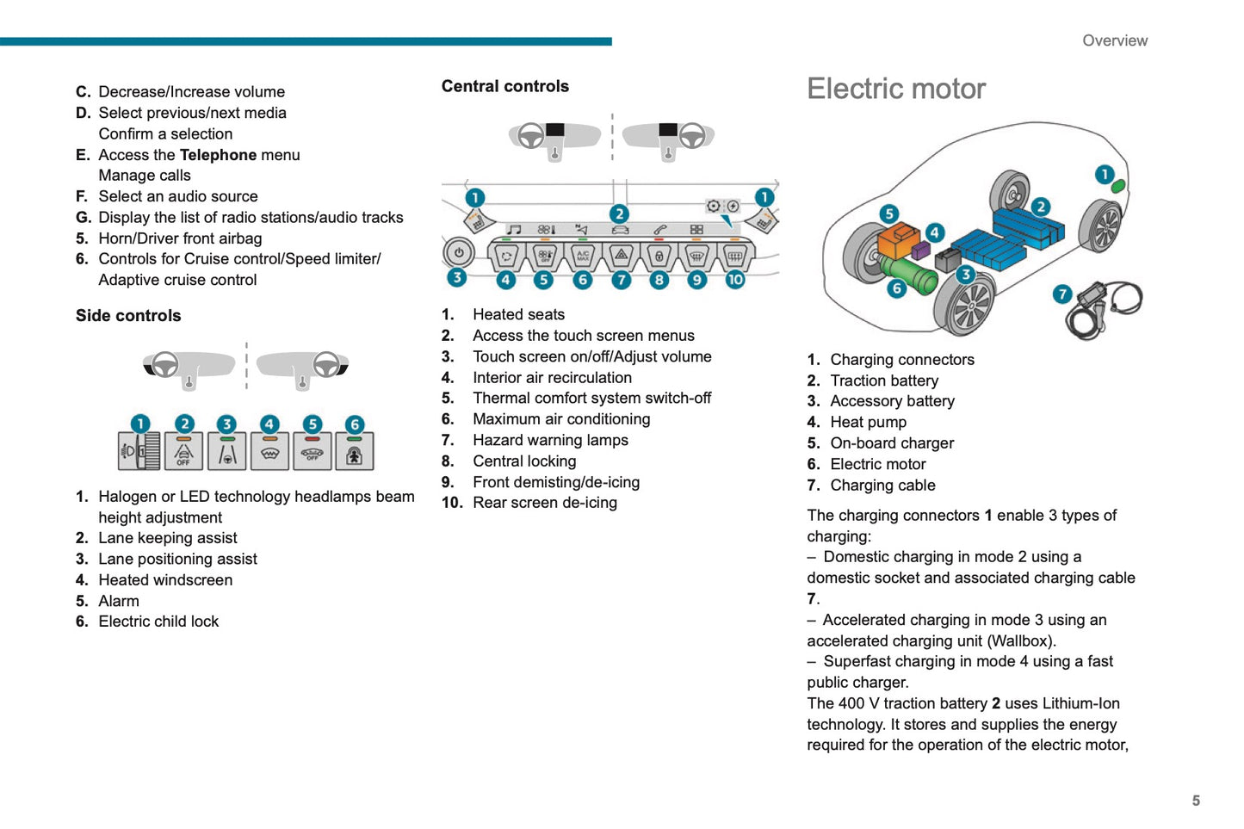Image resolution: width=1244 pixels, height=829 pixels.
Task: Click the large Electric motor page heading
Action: click(x=895, y=89)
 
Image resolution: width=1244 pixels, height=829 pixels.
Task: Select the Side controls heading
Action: click(x=128, y=316)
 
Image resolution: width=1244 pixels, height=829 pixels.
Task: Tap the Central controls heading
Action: click(x=504, y=86)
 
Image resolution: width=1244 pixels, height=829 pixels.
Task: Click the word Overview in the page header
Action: click(x=1114, y=40)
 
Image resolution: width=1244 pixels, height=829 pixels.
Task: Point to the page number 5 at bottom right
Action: click(x=1196, y=801)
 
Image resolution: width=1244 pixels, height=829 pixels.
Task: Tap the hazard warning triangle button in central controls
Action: click(x=621, y=256)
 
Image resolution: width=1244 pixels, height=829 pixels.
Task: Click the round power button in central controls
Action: click(x=458, y=253)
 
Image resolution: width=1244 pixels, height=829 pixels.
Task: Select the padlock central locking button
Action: click(x=659, y=256)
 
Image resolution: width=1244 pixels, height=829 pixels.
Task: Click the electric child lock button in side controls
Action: click(x=354, y=451)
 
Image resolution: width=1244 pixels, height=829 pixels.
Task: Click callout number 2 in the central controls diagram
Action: click(x=619, y=213)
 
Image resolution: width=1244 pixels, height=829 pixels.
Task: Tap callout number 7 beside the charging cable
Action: click(x=1062, y=294)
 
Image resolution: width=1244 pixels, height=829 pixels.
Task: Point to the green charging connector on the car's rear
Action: click(x=1117, y=186)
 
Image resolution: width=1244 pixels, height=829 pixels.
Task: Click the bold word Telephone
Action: click(x=218, y=155)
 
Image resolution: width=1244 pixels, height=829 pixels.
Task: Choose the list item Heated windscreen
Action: click(x=165, y=580)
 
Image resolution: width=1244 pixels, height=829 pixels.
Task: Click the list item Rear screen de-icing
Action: click(x=544, y=503)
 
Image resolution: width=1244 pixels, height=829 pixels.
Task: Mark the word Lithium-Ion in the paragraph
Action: click(x=1080, y=703)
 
